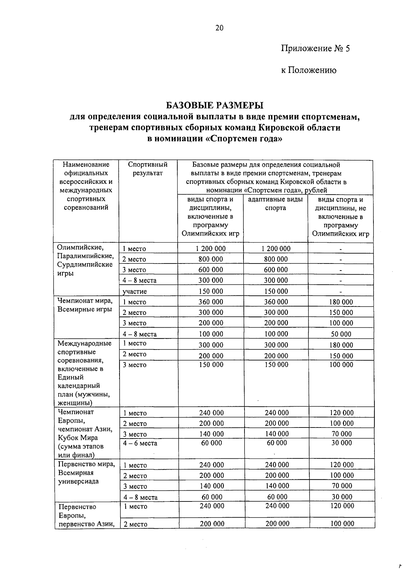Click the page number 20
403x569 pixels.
pyautogui.click(x=219, y=28)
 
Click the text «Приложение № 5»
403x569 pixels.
pyautogui.click(x=315, y=49)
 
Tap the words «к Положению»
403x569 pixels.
pyautogui.click(x=309, y=70)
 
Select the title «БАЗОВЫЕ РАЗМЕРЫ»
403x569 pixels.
pyautogui.click(x=215, y=106)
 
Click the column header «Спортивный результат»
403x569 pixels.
pyautogui.click(x=147, y=169)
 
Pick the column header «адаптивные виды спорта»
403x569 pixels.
pyautogui.click(x=275, y=204)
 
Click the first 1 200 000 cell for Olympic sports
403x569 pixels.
pyautogui.click(x=211, y=249)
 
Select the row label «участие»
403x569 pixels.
pyautogui.click(x=134, y=291)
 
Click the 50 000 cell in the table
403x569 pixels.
pyautogui.click(x=341, y=334)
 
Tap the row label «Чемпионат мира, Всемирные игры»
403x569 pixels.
pyautogui.click(x=85, y=305)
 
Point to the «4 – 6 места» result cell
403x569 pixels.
pyautogui.click(x=140, y=443)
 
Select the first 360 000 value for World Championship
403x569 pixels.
pyautogui.click(x=211, y=302)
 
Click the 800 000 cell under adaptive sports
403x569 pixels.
pyautogui.click(x=276, y=259)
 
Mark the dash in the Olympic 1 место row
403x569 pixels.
pyautogui.click(x=341, y=249)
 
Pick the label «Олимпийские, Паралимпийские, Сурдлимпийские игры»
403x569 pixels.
pyautogui.click(x=85, y=260)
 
